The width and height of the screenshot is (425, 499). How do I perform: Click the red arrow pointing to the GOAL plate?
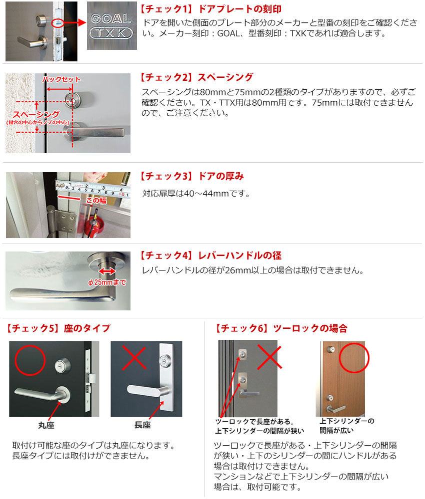75,22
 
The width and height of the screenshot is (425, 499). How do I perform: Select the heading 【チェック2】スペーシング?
196,77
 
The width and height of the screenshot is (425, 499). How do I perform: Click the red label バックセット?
61,79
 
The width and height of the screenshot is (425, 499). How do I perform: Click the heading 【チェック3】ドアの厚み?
192,176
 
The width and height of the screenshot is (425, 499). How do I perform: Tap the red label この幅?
96,200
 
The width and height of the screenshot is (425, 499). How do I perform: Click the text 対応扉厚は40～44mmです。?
196,193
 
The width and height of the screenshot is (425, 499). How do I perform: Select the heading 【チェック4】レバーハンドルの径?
210,255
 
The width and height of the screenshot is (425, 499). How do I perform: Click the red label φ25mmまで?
107,282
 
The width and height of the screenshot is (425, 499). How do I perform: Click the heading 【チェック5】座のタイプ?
58,328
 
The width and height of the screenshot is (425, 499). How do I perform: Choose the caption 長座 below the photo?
142,425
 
